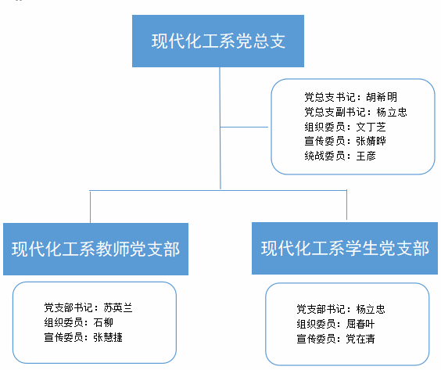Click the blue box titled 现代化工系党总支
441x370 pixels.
218,41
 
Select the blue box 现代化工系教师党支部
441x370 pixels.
95,249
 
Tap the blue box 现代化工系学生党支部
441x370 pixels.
345,248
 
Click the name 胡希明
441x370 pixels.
382,97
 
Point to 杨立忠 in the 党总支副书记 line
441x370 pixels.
392,112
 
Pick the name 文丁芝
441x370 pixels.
371,127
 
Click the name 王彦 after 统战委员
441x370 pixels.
366,156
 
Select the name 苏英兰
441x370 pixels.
118,307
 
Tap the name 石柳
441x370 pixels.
103,322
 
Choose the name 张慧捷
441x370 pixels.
108,337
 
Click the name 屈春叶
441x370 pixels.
360,324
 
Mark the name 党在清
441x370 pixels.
360,339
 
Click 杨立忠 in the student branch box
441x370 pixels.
371,309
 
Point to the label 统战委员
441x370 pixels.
324,156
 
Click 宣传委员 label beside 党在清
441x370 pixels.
316,339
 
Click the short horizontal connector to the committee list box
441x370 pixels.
244,127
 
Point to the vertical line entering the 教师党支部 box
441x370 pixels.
90,207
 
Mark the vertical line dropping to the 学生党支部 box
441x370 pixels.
347,204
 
